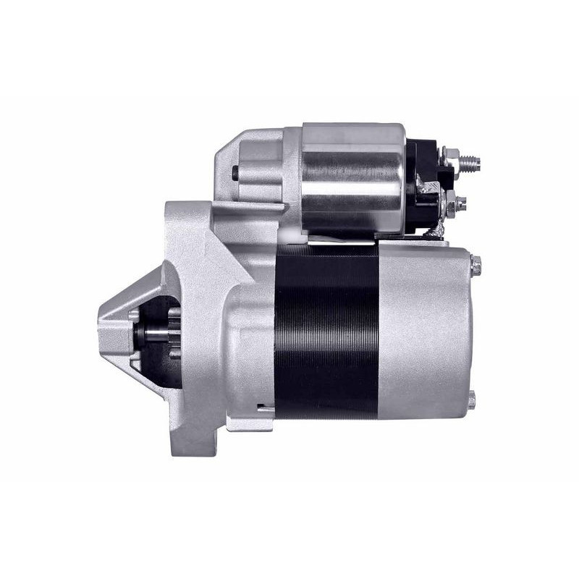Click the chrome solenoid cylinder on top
coord(353,177)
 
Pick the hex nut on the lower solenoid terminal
coord(455,203)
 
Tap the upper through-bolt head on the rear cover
coord(475,265)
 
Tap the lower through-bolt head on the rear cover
coord(471,400)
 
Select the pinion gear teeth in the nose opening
coord(174,333)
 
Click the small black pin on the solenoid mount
coord(236,173)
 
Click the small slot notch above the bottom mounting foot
coord(265,410)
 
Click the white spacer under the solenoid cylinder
coord(293,235)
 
